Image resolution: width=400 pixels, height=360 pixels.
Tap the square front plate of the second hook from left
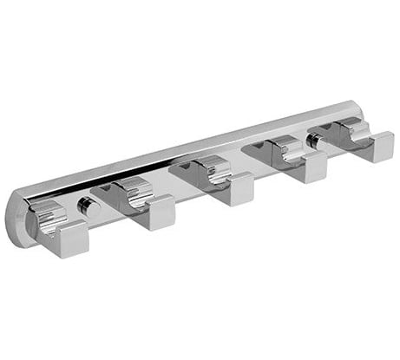(155, 212)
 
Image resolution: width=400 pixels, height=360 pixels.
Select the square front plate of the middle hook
(235, 188)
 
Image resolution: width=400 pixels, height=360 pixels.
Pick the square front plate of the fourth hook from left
(307, 167)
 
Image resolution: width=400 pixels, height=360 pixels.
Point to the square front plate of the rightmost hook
(375, 147)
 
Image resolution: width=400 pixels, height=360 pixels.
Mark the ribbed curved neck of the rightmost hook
(353, 129)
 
